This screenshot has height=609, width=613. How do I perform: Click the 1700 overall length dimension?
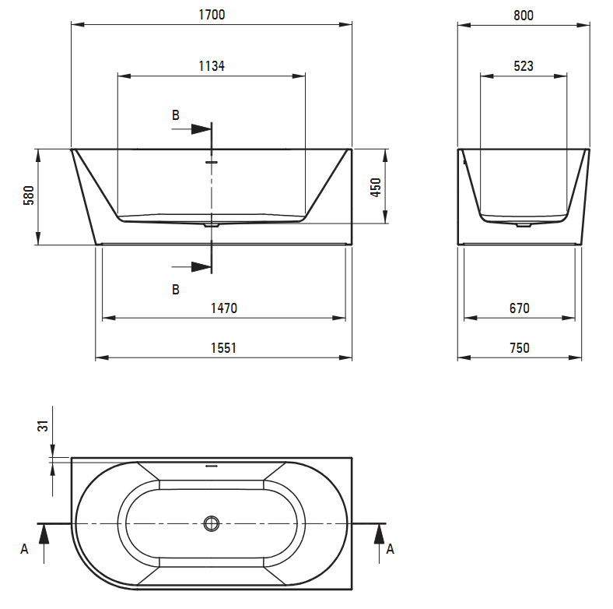click(x=212, y=15)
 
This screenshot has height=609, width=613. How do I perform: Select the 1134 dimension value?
click(x=212, y=66)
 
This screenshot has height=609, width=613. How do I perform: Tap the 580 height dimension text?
click(x=29, y=195)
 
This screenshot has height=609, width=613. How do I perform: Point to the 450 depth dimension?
click(x=375, y=188)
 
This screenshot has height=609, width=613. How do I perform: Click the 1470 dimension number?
click(x=224, y=308)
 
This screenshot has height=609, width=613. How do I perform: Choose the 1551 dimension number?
click(x=223, y=348)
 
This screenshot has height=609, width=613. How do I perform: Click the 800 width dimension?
click(x=524, y=16)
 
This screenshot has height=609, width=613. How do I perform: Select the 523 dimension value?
click(x=524, y=66)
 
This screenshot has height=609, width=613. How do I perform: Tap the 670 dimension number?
click(x=520, y=308)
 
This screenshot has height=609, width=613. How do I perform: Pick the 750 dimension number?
click(x=520, y=348)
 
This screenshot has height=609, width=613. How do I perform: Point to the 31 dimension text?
click(x=43, y=426)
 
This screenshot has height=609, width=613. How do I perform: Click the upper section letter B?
click(x=176, y=115)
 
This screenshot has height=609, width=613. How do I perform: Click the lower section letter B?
click(x=176, y=290)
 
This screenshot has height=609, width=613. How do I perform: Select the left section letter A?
click(x=24, y=549)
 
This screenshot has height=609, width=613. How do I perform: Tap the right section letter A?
click(x=391, y=549)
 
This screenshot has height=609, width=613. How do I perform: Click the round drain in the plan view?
click(x=212, y=523)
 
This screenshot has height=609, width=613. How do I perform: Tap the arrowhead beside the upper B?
click(x=201, y=128)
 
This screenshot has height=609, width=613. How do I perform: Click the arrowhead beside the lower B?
click(x=201, y=267)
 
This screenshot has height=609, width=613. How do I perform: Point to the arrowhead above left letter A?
click(x=44, y=534)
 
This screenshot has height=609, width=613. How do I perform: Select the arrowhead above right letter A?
click(x=379, y=534)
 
